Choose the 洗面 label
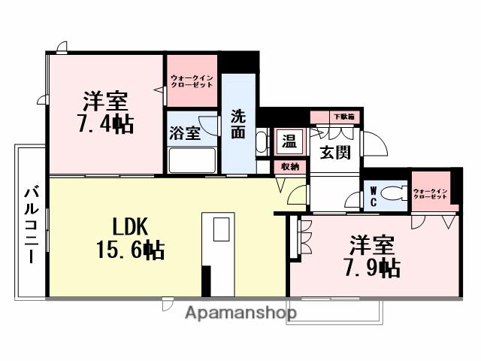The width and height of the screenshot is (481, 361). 238,125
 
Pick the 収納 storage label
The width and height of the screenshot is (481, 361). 290,166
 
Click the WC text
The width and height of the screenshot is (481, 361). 373,196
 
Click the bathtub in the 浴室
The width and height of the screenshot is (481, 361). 192,161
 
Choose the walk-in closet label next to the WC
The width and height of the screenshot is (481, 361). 430,196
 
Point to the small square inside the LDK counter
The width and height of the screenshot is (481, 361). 220,230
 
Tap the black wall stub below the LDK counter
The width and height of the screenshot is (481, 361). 206,283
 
